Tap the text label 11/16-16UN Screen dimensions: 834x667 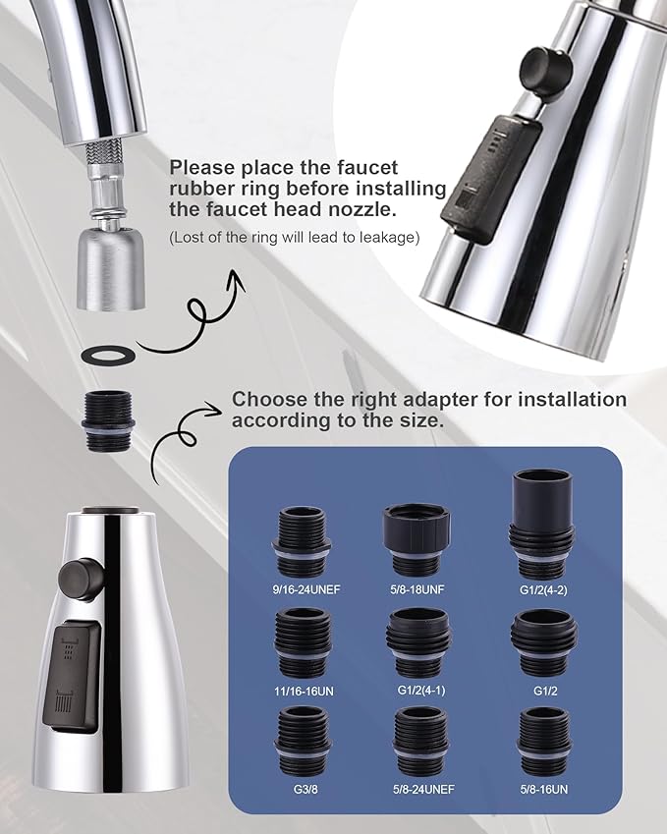305,692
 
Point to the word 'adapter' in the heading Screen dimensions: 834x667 432,400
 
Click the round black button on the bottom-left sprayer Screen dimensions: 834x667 82,579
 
